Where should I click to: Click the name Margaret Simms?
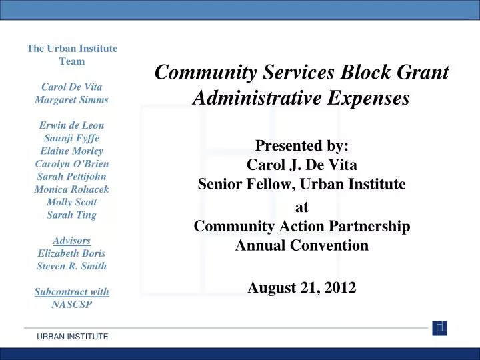coord(71,99)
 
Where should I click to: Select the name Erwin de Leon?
coord(71,125)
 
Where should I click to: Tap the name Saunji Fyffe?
coord(71,137)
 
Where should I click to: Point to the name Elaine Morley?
coord(71,151)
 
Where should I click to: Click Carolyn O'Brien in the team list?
coord(71,163)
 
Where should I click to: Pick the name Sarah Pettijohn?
coord(71,176)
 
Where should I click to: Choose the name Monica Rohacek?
coord(71,189)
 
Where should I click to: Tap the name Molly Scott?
coord(71,202)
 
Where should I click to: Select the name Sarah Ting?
coord(71,215)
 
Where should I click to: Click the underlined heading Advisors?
coord(71,240)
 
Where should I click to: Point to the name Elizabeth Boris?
coord(71,253)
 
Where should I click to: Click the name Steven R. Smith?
coord(71,266)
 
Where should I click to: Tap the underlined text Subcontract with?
coord(71,292)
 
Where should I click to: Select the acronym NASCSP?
coord(71,305)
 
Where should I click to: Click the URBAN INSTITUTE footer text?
coord(72,337)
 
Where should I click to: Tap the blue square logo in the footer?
coord(439,328)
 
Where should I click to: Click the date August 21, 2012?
coord(301,287)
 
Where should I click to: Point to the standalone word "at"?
coord(301,207)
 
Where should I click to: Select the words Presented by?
coord(301,146)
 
